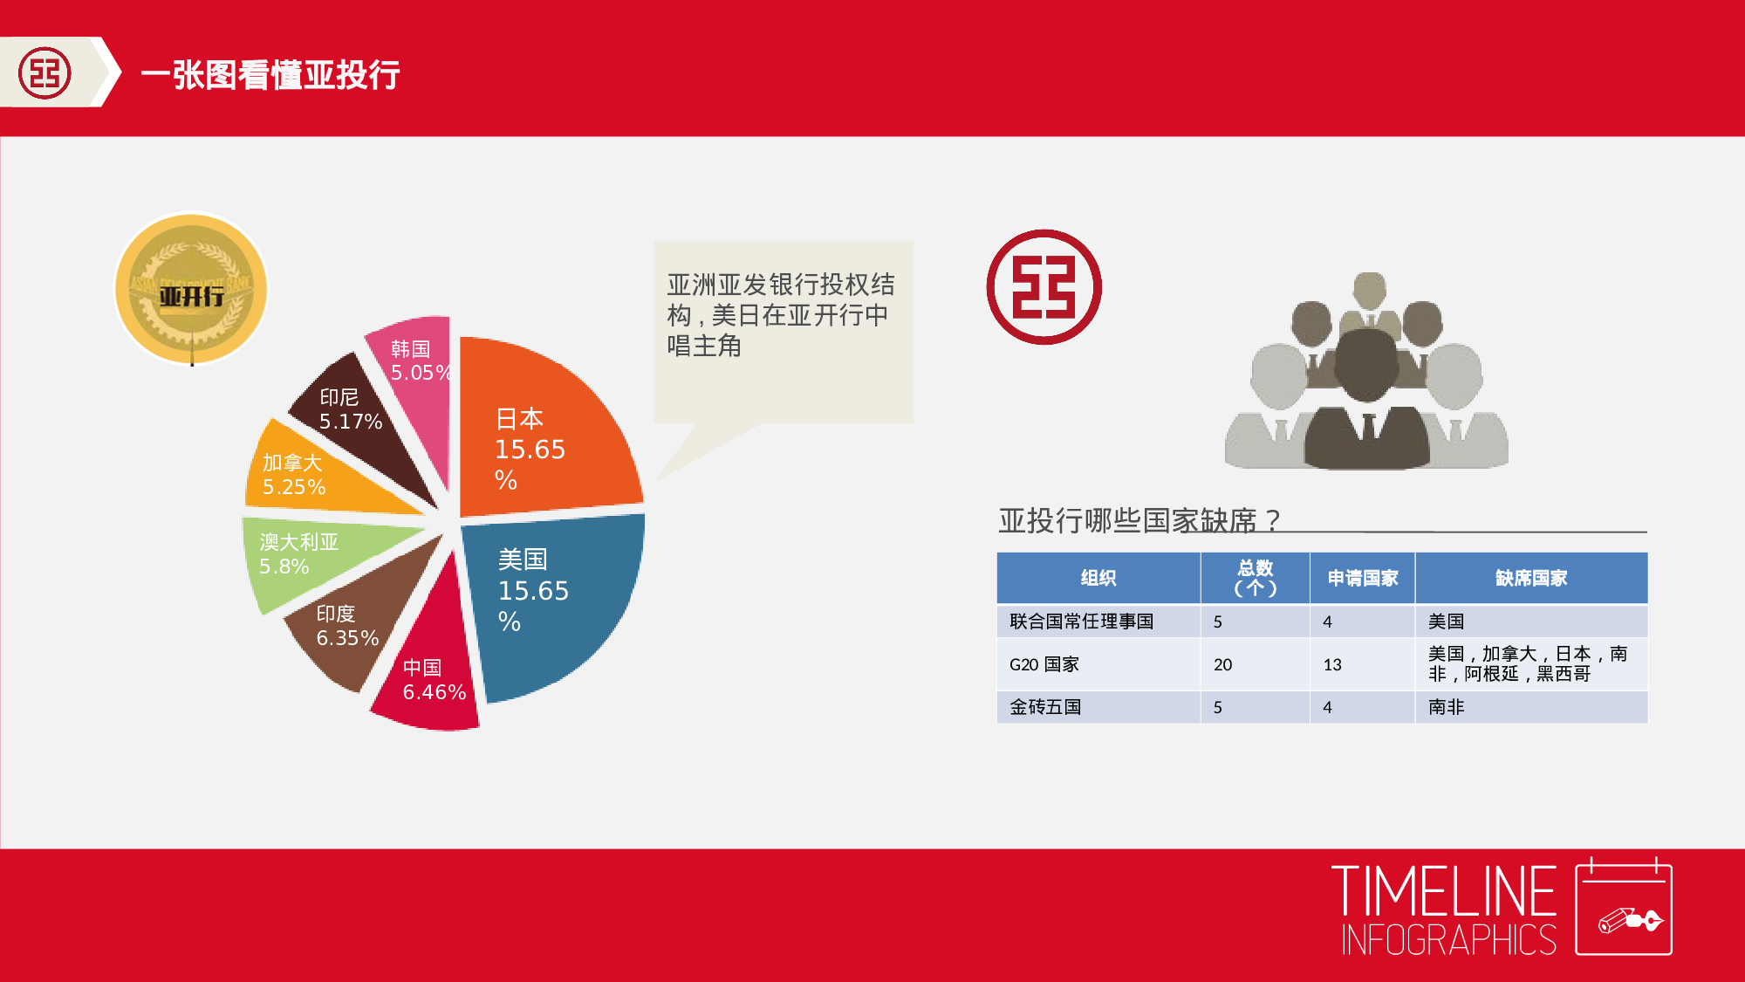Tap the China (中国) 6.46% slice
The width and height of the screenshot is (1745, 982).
coord(432,672)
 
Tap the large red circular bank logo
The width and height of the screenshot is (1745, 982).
coord(1044,287)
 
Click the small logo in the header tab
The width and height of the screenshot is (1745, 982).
coord(44,72)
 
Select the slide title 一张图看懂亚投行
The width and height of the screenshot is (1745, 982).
coord(270,75)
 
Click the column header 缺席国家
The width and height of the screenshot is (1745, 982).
coord(1531,578)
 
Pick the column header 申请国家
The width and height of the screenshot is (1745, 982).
coord(1362,578)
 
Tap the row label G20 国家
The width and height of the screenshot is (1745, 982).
coord(1044,664)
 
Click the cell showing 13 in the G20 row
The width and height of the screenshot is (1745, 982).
coord(1332,665)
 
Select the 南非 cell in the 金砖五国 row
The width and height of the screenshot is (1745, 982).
coord(1447,707)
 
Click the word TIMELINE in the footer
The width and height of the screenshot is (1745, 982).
coord(1444,892)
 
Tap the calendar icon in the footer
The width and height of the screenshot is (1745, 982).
coord(1624,910)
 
